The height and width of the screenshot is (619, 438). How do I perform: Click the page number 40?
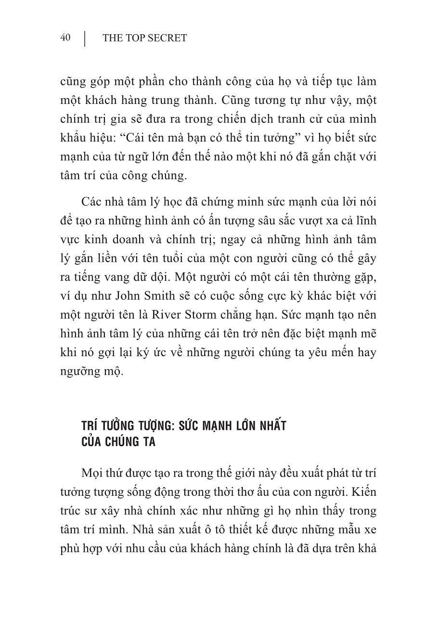click(x=65, y=38)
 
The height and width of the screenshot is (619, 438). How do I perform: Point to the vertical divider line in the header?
click(x=85, y=39)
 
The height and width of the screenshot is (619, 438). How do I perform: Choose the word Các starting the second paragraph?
click(x=92, y=202)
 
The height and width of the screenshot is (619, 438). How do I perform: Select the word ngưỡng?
click(x=80, y=372)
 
